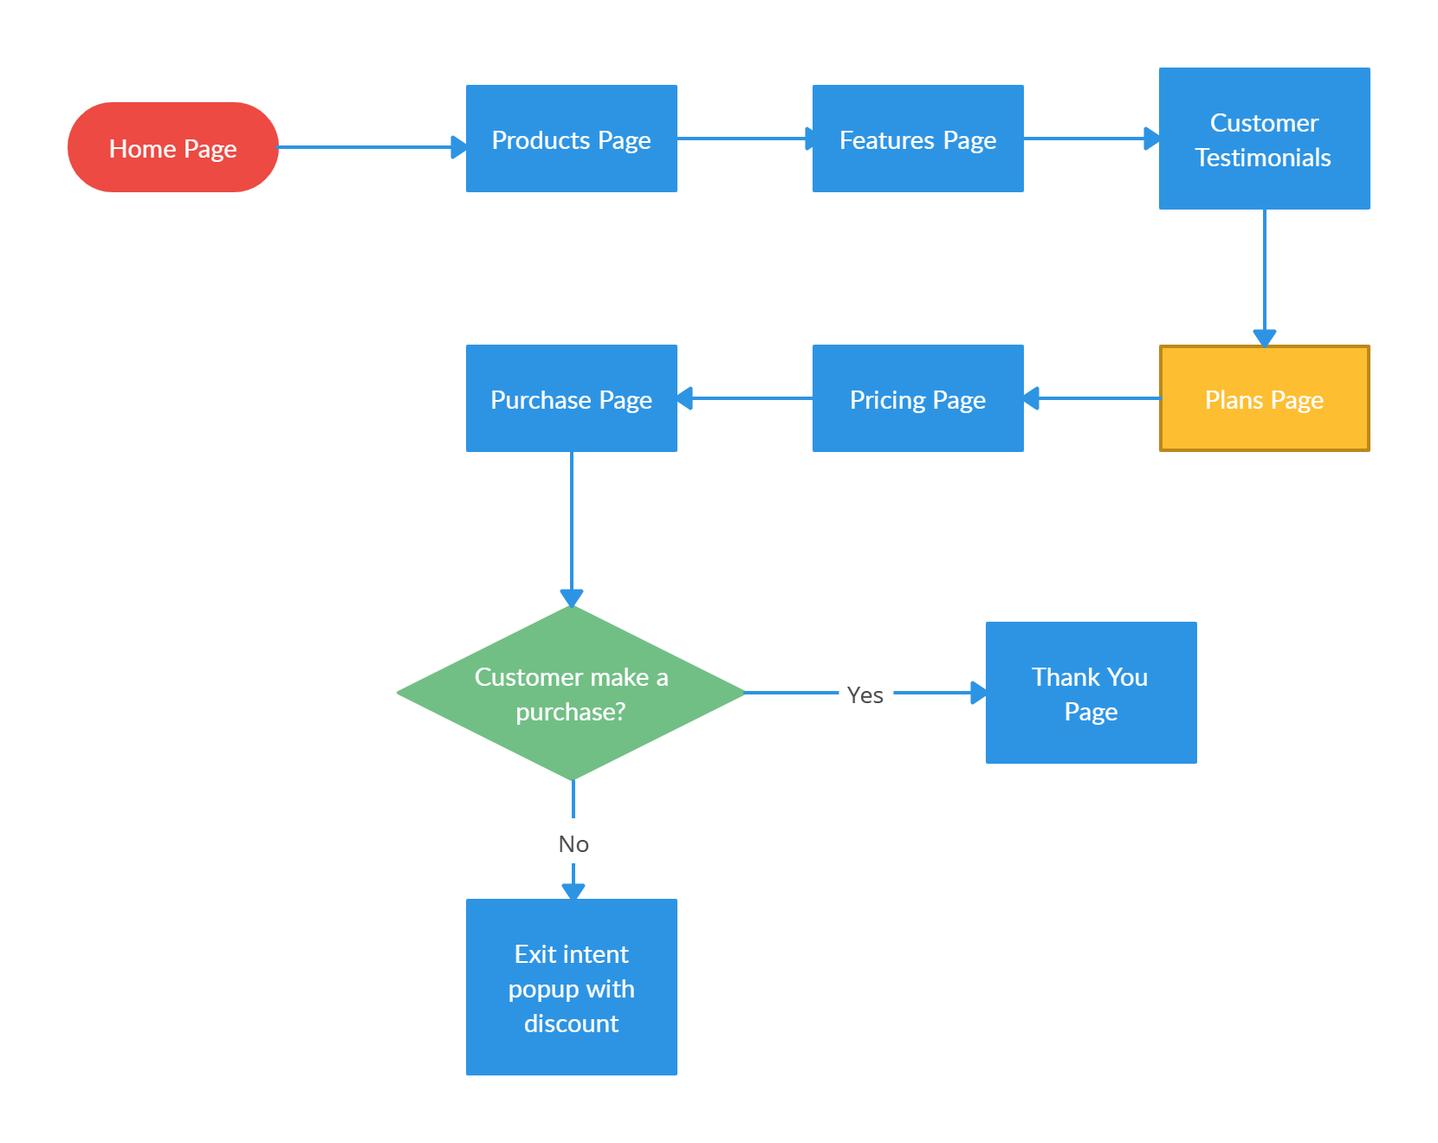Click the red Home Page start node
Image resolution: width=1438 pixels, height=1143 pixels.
tap(173, 147)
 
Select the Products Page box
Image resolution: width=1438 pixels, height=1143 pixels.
tap(571, 139)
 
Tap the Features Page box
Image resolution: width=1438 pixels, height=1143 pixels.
tap(917, 139)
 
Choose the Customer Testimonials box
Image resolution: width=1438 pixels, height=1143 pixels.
tap(1264, 139)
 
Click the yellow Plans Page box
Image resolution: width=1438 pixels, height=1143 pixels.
tap(1264, 398)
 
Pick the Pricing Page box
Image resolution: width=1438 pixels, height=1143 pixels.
tap(917, 398)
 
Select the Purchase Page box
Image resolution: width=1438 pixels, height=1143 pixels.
tap(571, 398)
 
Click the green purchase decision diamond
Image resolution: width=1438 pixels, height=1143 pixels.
tap(571, 693)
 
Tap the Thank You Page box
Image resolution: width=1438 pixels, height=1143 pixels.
tap(1091, 693)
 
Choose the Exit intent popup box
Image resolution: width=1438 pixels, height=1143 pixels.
tap(571, 987)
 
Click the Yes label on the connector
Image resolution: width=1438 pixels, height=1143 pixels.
tap(865, 694)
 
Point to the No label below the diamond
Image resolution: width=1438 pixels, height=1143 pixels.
tap(573, 843)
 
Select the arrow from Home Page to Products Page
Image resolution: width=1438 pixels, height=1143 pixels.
tap(372, 147)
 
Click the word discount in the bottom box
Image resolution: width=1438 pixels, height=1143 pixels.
tap(571, 1024)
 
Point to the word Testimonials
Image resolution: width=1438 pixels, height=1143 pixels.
tap(1263, 158)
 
